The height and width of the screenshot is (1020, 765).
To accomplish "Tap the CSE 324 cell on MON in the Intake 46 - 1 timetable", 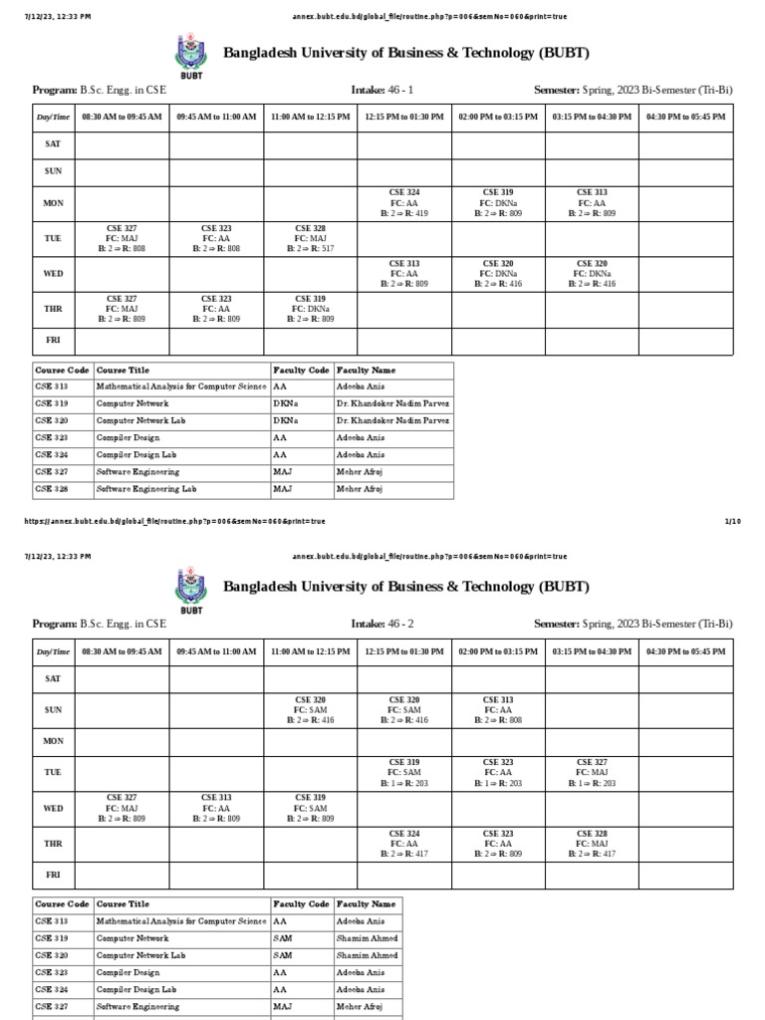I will [x=403, y=202].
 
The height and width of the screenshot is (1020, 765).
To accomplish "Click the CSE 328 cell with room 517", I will [x=310, y=238].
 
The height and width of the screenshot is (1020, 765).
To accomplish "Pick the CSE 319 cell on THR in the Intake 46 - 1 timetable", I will [x=310, y=309].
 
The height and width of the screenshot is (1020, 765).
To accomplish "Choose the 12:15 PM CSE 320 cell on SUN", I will [x=403, y=709].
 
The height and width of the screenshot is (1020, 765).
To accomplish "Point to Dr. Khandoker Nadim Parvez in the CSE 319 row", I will [x=392, y=403].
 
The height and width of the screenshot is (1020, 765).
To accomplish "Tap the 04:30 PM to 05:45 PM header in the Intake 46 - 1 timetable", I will [x=685, y=117].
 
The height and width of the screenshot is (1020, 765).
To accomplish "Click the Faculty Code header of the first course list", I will [x=301, y=370].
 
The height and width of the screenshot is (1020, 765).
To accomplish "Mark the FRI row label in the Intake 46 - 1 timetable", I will [x=53, y=340].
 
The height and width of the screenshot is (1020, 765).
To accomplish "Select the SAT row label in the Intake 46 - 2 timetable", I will [x=53, y=678].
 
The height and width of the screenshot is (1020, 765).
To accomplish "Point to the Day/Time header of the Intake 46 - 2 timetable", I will [x=53, y=651].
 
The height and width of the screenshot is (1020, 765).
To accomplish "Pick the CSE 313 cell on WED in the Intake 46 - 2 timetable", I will [x=216, y=807].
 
